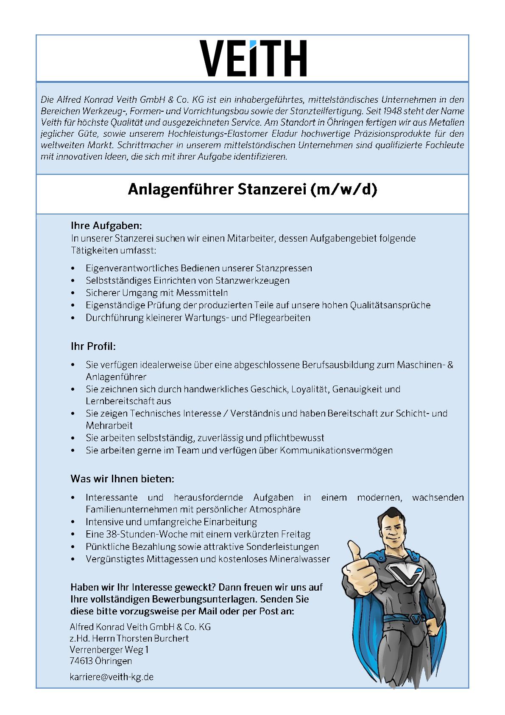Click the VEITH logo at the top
tap(253, 59)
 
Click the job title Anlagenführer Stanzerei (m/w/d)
tap(252, 190)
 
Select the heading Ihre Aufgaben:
tap(106, 225)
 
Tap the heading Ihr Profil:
tap(93, 346)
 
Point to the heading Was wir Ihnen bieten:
tap(122, 479)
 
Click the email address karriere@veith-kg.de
tap(112, 677)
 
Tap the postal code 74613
tap(81, 661)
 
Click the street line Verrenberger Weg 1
tap(109, 650)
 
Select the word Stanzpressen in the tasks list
tap(284, 268)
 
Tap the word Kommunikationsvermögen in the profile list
tap(336, 450)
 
